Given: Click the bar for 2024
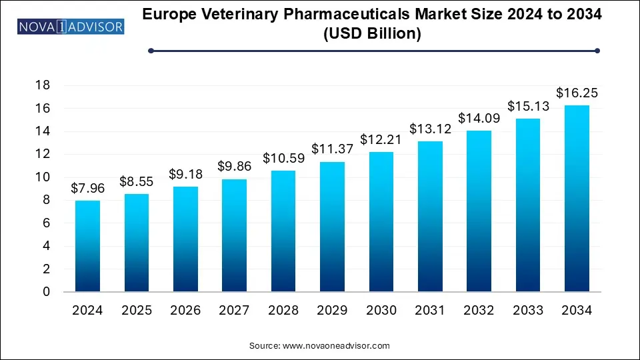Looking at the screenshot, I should (87, 246).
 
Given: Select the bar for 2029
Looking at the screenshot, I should (332, 227).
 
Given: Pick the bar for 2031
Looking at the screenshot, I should (430, 217).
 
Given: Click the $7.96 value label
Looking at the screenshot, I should (87, 189).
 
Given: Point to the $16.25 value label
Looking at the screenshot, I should (577, 93).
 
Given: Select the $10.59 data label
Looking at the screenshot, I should (283, 159).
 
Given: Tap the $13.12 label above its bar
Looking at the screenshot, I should (430, 129).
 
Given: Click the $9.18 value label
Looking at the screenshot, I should (185, 175).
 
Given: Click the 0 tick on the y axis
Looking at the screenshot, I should (45, 292).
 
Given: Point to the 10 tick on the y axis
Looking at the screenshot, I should (41, 177).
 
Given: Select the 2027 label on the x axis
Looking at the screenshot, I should (234, 310).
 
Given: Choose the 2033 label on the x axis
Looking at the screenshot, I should (528, 310).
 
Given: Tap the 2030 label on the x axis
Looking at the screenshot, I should (381, 310).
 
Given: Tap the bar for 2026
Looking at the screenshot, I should (185, 239).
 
